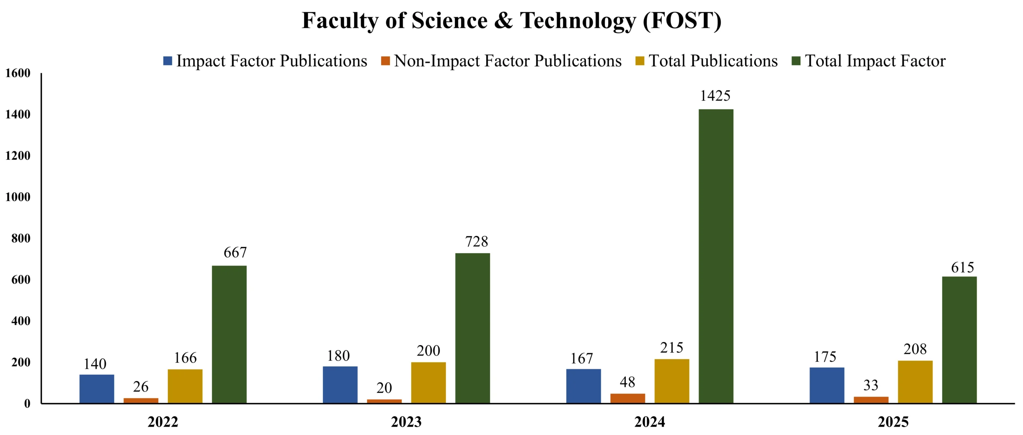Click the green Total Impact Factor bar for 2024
click(716, 256)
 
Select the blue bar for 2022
click(97, 389)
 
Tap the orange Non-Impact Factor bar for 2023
click(384, 401)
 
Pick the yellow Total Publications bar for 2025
click(915, 382)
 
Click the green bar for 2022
click(229, 334)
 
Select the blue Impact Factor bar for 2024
click(583, 386)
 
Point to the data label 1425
click(715, 96)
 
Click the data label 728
click(476, 242)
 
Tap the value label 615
click(963, 267)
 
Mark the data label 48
click(627, 382)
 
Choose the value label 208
click(915, 349)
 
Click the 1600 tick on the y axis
click(18, 73)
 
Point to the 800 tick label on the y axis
click(21, 238)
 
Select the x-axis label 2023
click(406, 422)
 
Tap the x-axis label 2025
click(893, 422)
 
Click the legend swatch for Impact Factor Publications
click(168, 61)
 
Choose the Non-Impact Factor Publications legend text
click(508, 61)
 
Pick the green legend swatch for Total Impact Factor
click(796, 61)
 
